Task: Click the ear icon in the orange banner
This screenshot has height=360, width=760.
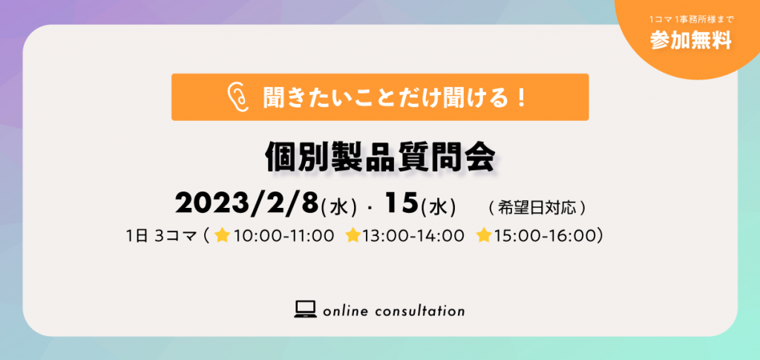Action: coord(238,97)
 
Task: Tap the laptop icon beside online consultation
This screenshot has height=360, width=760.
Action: coord(305,309)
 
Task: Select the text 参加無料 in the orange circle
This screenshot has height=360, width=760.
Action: coord(691,41)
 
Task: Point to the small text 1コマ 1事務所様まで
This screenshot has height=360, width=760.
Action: coord(692,20)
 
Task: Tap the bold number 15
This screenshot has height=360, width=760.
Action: coord(402,204)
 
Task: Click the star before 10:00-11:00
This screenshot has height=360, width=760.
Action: coord(223,235)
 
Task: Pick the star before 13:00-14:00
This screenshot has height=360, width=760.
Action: coord(353,235)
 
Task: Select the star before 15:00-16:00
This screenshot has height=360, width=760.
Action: coord(484,235)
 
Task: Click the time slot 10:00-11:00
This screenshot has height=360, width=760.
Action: coord(284,236)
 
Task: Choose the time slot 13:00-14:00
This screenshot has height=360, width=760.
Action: coord(413,236)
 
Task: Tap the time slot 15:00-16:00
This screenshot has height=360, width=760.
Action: coord(544,236)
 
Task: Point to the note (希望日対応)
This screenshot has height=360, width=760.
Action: coord(538,209)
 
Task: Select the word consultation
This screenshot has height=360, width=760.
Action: coord(420,310)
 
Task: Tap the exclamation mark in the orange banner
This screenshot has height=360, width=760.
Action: coord(522,98)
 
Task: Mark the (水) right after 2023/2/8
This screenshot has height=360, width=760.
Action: coord(340,209)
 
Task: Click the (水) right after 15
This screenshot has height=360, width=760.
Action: coord(438,209)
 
